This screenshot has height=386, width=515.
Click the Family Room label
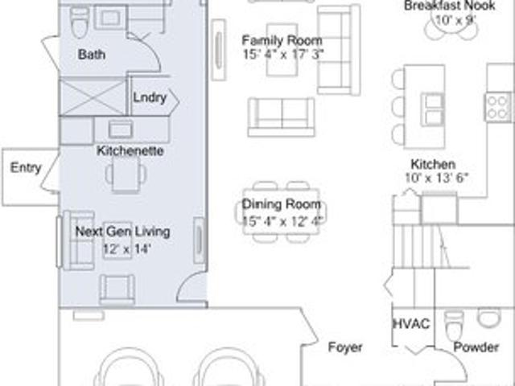(282, 40)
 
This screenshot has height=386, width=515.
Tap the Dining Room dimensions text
(282, 221)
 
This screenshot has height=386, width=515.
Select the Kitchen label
(433, 164)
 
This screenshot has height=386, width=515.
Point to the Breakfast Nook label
(449, 6)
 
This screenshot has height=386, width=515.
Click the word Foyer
(345, 347)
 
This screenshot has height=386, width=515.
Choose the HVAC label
(411, 324)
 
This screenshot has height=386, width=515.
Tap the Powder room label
(476, 347)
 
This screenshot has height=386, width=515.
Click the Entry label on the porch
(26, 168)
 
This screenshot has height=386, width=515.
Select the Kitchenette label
(130, 151)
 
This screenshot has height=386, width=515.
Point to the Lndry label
(150, 98)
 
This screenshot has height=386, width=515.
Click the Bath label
(92, 55)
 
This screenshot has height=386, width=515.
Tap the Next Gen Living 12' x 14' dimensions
(127, 249)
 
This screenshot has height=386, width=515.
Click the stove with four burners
(497, 107)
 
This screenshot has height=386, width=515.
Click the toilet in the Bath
(80, 23)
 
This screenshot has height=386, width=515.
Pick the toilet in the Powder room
(454, 322)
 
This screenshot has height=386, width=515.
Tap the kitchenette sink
(121, 129)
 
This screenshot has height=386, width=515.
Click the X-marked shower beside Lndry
(93, 97)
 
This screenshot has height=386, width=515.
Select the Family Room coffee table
(282, 50)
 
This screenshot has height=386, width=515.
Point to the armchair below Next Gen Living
(117, 289)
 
